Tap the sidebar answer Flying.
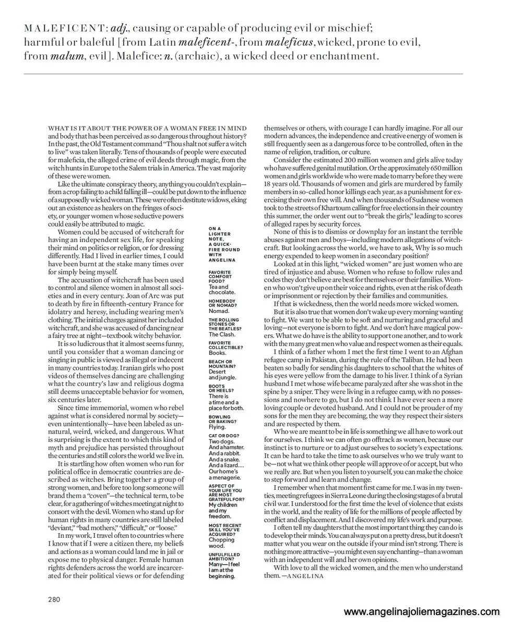217,427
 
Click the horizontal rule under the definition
243,74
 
